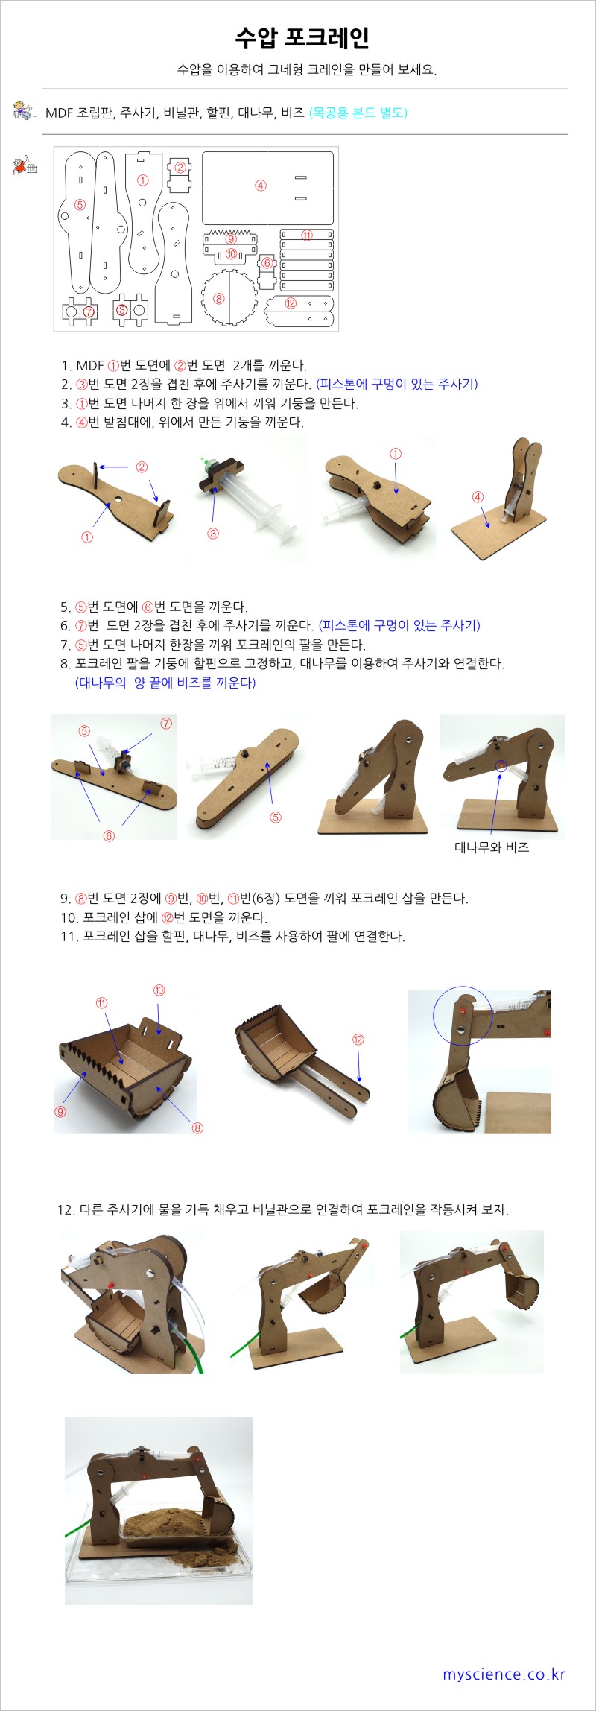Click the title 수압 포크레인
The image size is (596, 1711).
[x=302, y=37]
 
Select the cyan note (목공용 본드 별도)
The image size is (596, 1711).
[x=358, y=113]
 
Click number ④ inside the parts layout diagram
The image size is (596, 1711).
[x=261, y=186]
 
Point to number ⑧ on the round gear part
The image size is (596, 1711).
[x=218, y=299]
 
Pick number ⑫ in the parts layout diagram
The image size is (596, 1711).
[x=291, y=303]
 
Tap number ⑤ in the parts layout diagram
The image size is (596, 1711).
[x=80, y=204]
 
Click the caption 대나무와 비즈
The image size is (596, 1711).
[x=492, y=847]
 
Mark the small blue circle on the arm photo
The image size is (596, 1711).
[x=501, y=765]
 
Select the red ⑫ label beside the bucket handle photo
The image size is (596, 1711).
[x=358, y=1040]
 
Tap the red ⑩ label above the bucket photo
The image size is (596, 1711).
[x=159, y=990]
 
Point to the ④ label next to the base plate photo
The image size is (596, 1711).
[x=478, y=497]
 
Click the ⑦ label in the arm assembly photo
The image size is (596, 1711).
[x=166, y=723]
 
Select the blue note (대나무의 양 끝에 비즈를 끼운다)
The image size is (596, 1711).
[x=165, y=683]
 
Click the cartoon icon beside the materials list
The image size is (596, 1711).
[x=24, y=111]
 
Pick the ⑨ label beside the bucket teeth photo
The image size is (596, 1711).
[x=60, y=1112]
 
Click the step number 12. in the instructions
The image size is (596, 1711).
[x=66, y=1209]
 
